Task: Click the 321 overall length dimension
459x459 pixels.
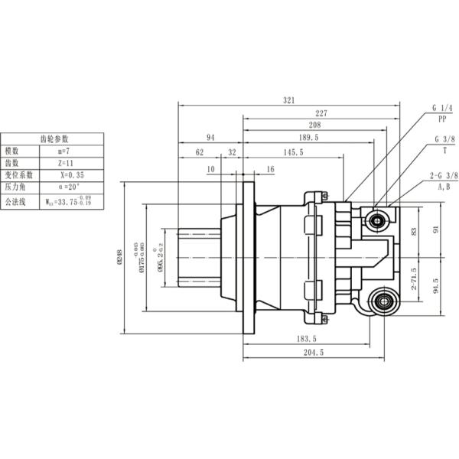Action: pyautogui.click(x=288, y=99)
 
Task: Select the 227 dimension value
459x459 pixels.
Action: pyautogui.click(x=321, y=112)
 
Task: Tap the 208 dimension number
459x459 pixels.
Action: pyautogui.click(x=314, y=125)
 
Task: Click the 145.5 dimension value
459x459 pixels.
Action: pyautogui.click(x=292, y=153)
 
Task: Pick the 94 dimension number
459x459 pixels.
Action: pyautogui.click(x=210, y=138)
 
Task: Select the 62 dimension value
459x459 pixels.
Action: pyautogui.click(x=200, y=153)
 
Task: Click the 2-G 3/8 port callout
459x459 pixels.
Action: pyautogui.click(x=443, y=176)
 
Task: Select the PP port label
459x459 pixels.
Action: pyautogui.click(x=442, y=120)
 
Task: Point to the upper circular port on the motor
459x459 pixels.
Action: pyautogui.click(x=377, y=222)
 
